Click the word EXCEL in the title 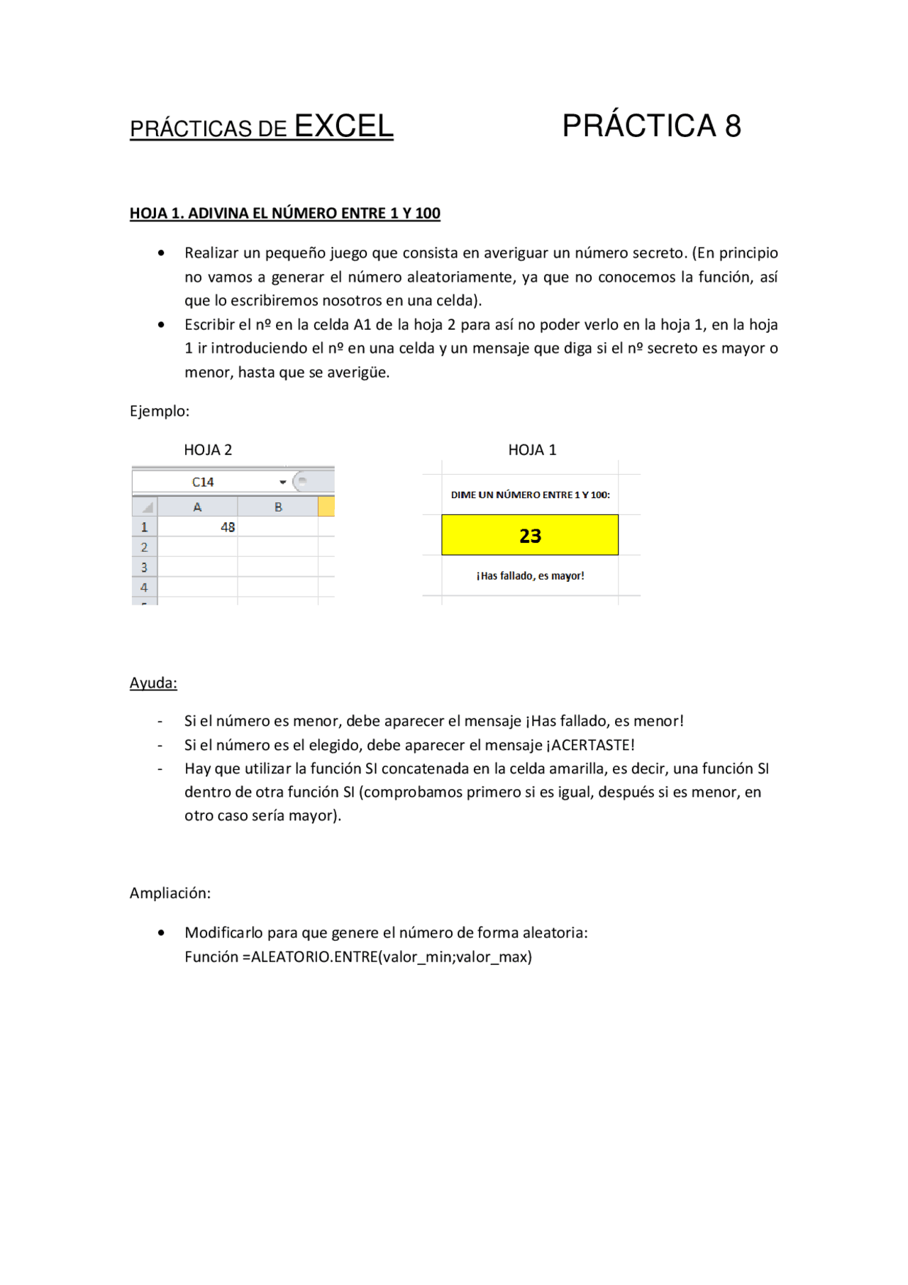click(343, 126)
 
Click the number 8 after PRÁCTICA click(732, 126)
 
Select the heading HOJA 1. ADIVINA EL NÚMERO click(284, 213)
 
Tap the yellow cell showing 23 click(530, 535)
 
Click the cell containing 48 click(198, 527)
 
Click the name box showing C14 click(203, 482)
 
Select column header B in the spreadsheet click(278, 507)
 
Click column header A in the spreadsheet click(197, 507)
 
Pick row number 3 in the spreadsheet click(144, 567)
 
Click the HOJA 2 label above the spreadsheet click(208, 450)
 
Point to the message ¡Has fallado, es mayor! click(530, 575)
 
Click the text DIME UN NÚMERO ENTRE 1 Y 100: click(530, 495)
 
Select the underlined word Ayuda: click(153, 683)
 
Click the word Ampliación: click(170, 893)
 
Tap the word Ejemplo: click(160, 411)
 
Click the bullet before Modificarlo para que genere click(162, 932)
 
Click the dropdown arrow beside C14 click(282, 482)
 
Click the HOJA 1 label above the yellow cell click(532, 450)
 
